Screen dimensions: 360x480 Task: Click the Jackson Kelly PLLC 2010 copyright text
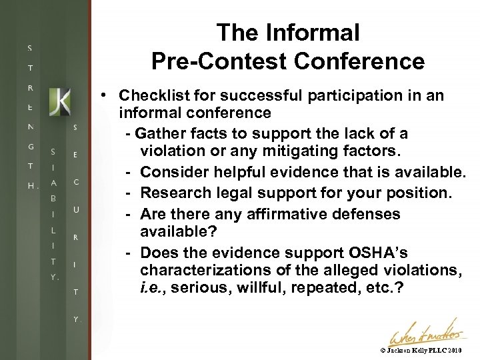[421, 349]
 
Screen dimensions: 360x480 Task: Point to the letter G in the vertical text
[31, 146]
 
